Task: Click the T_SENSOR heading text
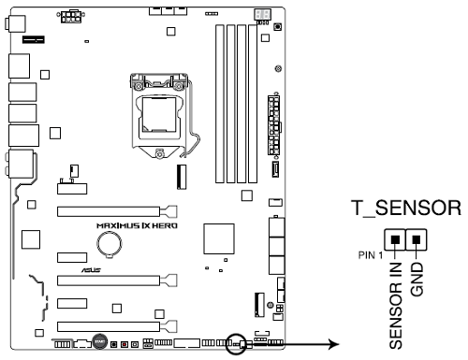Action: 406,208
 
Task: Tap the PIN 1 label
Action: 371,255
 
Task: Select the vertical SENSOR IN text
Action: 396,306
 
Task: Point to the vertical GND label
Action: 417,280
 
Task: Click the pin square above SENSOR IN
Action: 395,239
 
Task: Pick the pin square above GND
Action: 417,239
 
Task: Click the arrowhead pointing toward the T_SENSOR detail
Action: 334,344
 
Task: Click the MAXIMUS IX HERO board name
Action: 137,225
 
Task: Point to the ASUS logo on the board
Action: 91,270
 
